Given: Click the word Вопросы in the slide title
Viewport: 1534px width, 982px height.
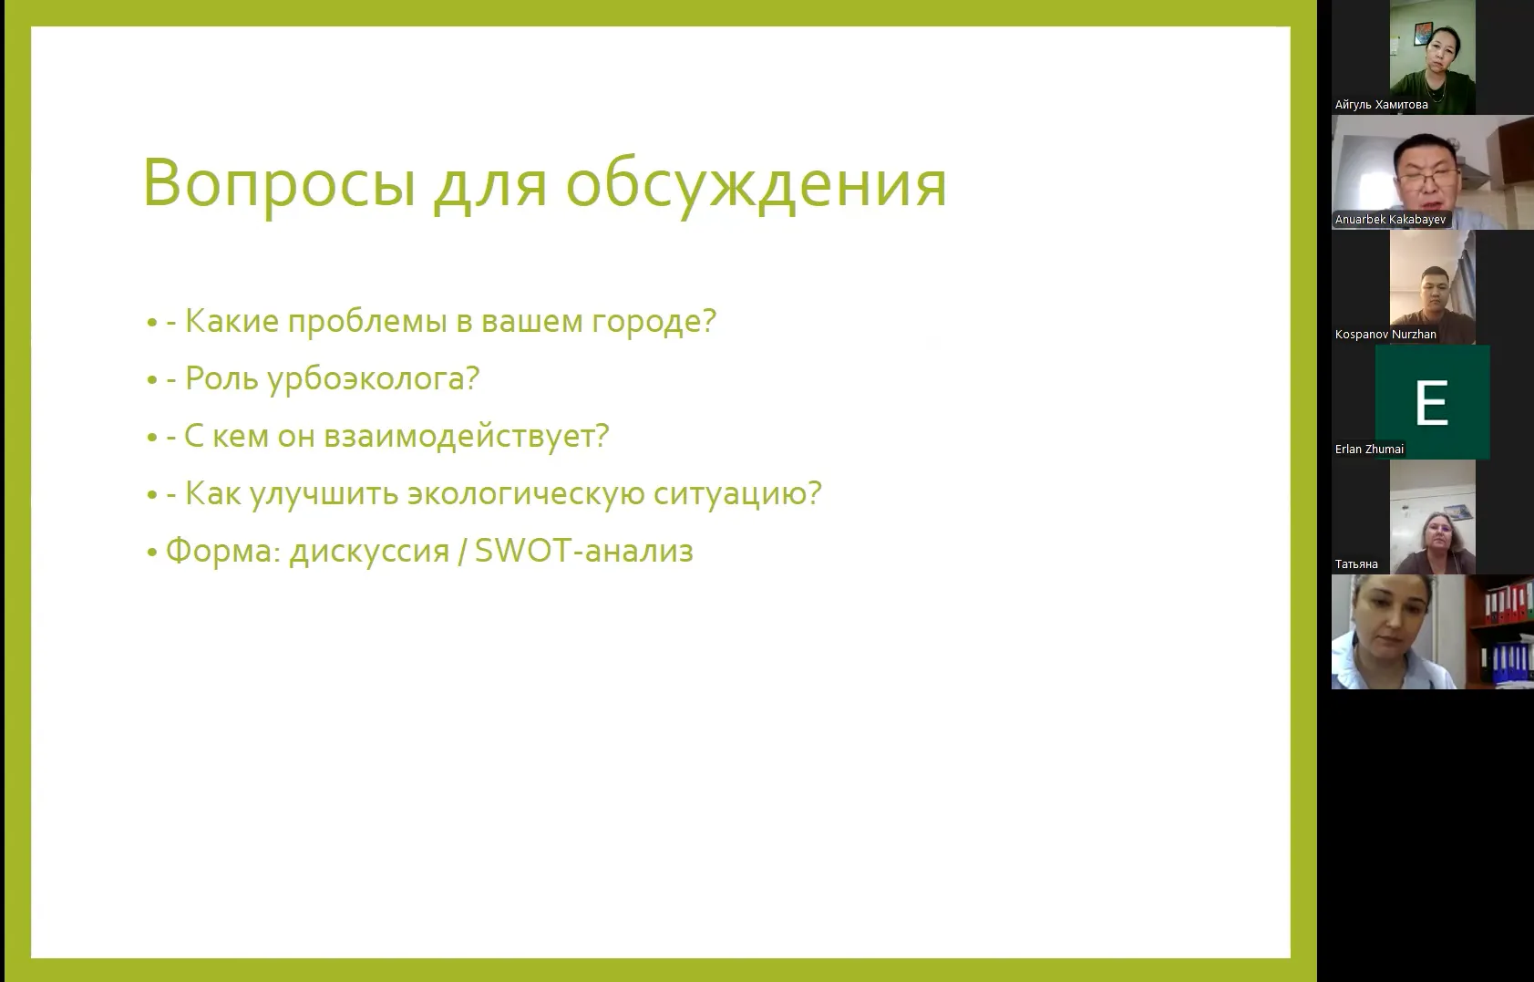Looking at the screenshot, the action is [280, 183].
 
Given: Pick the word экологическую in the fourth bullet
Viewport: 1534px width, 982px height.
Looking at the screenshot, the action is [526, 494].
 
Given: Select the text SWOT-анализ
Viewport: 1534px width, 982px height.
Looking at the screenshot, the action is [584, 551].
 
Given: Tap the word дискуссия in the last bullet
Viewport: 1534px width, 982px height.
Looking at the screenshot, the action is [369, 552].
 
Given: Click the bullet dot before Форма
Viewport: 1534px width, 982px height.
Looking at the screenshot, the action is [152, 553].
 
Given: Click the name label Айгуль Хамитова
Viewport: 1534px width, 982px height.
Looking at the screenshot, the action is [1381, 105].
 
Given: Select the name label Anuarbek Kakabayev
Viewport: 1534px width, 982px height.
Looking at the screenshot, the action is [1390, 220].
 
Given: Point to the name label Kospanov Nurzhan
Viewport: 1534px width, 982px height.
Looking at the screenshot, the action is [1385, 335].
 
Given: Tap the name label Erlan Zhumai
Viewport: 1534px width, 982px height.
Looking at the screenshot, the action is [1369, 449].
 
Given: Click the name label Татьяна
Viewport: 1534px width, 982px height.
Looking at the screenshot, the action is [1356, 564].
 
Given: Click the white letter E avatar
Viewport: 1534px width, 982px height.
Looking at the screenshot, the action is [1431, 402].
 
